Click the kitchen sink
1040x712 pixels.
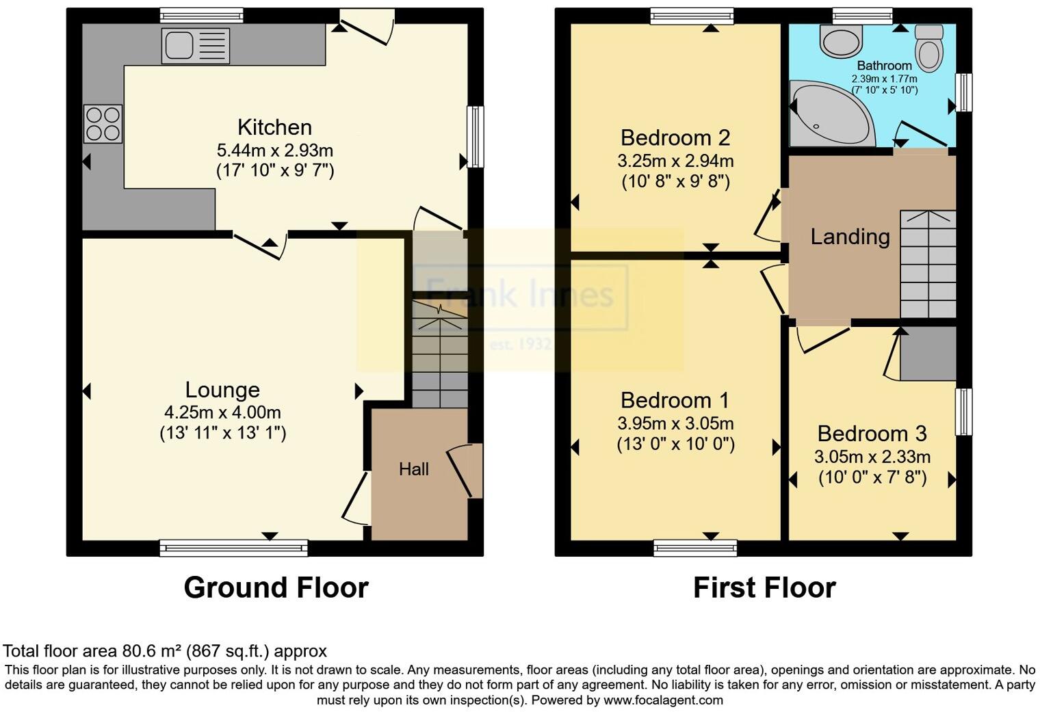195,46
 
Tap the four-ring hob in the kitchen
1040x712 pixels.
103,124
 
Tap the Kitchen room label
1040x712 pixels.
274,127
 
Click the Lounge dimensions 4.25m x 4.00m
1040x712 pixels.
222,412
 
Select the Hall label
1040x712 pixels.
414,469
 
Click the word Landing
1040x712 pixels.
850,237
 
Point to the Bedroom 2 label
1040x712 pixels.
675,137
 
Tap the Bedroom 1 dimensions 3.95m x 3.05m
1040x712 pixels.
675,423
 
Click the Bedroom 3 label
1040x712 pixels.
872,434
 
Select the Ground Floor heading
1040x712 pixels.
276,588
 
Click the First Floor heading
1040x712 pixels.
764,588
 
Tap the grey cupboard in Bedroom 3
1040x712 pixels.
928,353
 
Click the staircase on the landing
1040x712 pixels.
928,264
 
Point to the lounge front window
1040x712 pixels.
233,547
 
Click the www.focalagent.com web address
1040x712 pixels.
663,700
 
